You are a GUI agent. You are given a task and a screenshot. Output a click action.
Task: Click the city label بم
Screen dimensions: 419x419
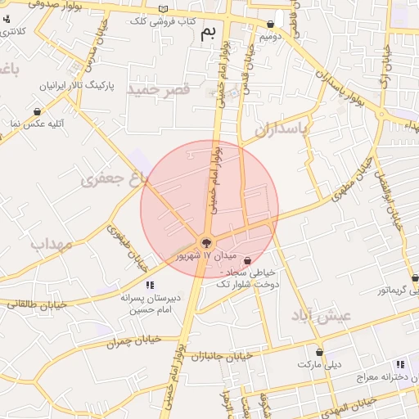click(209, 33)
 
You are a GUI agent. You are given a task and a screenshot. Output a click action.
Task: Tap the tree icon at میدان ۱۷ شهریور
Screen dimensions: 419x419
click(205, 242)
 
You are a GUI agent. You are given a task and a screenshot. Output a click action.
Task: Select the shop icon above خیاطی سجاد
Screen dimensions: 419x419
click(247, 261)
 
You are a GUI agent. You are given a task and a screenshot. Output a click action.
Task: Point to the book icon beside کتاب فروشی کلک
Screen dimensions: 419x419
click(164, 9)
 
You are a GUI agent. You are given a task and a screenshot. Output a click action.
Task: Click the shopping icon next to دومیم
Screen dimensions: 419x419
click(270, 25)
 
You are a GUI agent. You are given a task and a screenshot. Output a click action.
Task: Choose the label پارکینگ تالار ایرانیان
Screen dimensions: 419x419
click(74, 85)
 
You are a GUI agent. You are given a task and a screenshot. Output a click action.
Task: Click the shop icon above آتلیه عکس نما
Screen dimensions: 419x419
click(37, 111)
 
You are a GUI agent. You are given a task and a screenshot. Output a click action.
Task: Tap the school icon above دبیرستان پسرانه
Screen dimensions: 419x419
click(148, 284)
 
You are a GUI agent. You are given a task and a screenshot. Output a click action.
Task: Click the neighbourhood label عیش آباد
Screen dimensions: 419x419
click(321, 316)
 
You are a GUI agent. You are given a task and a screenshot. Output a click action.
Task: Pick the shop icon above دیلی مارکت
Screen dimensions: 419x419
click(319, 353)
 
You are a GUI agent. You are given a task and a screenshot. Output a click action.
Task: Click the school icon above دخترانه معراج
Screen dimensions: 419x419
click(399, 364)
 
